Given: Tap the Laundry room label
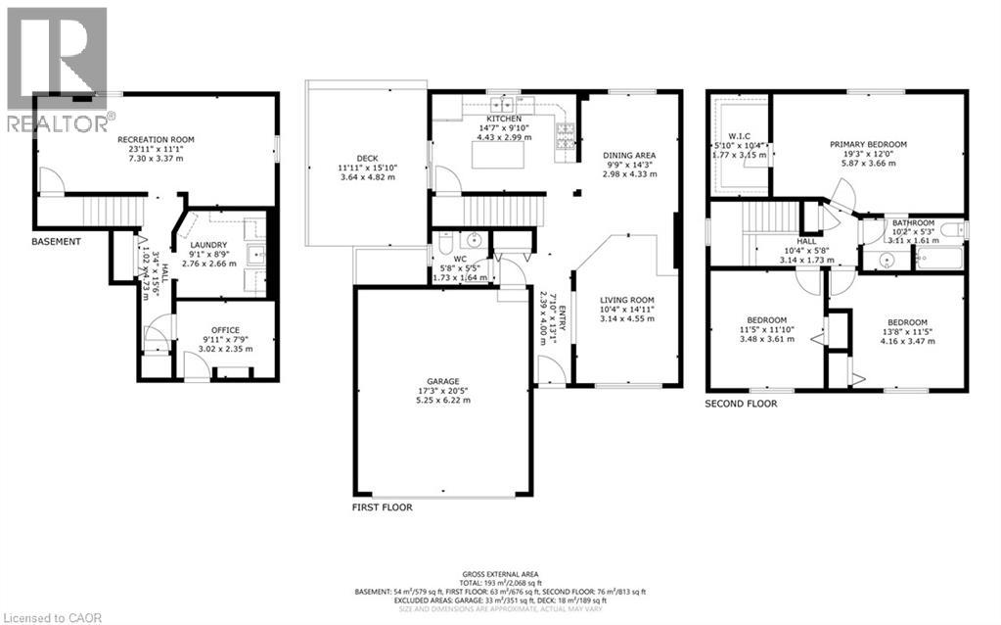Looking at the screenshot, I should (x=208, y=245).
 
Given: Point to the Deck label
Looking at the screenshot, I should (x=367, y=158).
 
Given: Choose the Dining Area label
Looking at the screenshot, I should (x=629, y=155).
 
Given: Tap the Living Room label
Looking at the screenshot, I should (x=626, y=300).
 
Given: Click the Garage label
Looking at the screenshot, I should (x=442, y=381).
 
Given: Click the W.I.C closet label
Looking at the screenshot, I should (x=741, y=135).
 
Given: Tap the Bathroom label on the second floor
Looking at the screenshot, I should (x=912, y=222).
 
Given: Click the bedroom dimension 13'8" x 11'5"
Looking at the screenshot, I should (x=900, y=333).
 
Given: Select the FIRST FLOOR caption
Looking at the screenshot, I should (x=382, y=507).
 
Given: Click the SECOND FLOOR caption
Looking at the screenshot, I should (x=741, y=403).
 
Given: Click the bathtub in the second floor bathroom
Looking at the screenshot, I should (x=938, y=259).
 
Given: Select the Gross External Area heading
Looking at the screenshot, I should (x=500, y=573).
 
